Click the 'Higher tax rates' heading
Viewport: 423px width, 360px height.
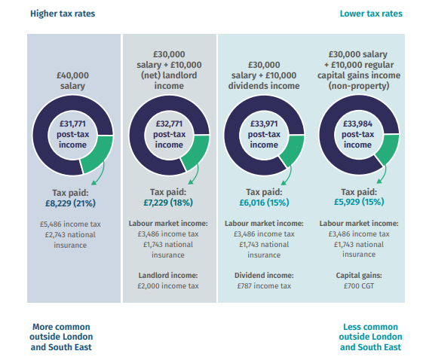[62, 14]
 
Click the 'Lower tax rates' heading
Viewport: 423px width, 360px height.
[370, 14]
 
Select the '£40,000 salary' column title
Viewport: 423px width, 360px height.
[73, 80]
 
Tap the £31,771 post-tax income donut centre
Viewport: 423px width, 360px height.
[73, 134]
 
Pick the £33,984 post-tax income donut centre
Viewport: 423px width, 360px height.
[358, 134]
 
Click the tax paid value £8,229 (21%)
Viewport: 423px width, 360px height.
[73, 203]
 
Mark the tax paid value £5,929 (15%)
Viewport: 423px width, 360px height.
[358, 203]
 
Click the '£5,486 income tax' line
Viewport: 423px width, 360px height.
[73, 224]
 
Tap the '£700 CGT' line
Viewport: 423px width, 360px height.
[358, 286]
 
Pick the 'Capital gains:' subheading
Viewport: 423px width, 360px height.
[358, 276]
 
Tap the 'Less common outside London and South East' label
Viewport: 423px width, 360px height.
[370, 337]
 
